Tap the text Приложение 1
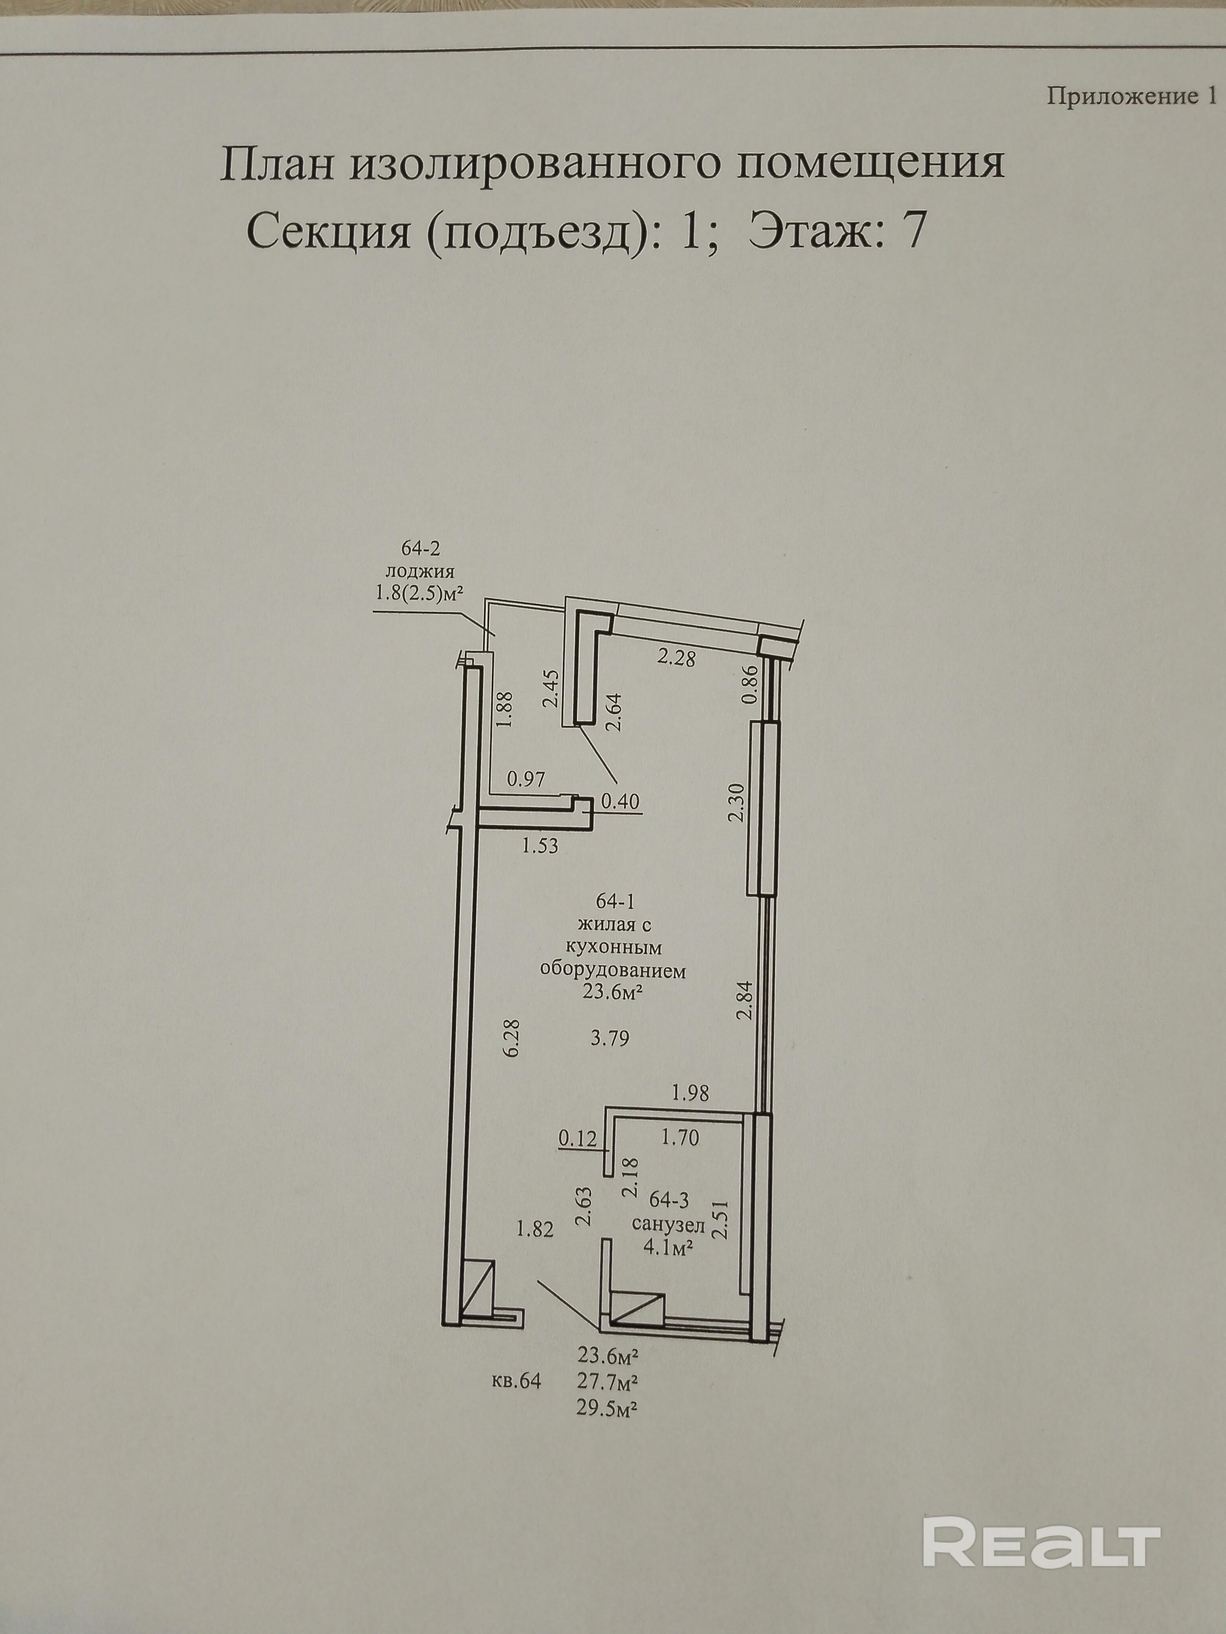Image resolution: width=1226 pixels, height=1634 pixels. [x=1131, y=97]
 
